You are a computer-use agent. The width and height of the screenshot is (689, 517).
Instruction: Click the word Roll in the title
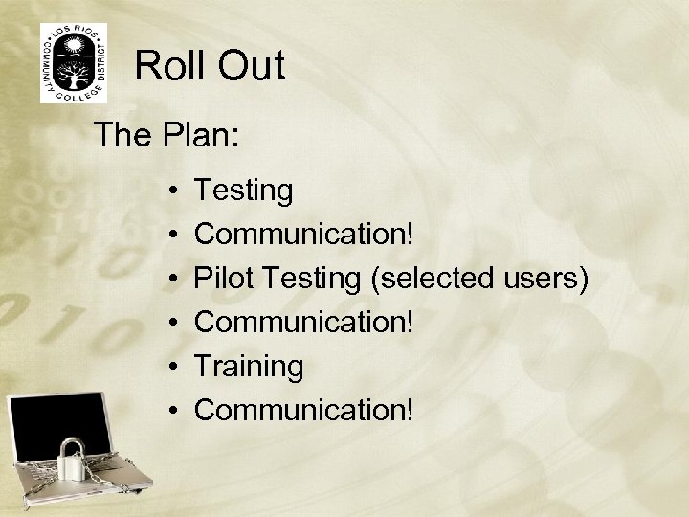pyautogui.click(x=168, y=66)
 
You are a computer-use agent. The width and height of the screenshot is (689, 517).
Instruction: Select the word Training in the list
pyautogui.click(x=249, y=366)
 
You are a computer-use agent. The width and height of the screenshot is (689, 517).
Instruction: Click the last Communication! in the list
pyautogui.click(x=305, y=409)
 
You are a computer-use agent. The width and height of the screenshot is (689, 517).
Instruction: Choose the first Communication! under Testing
pyautogui.click(x=305, y=235)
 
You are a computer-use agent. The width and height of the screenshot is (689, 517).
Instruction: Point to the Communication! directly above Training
pyautogui.click(x=305, y=322)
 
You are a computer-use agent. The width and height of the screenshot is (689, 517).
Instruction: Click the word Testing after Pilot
pyautogui.click(x=309, y=279)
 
